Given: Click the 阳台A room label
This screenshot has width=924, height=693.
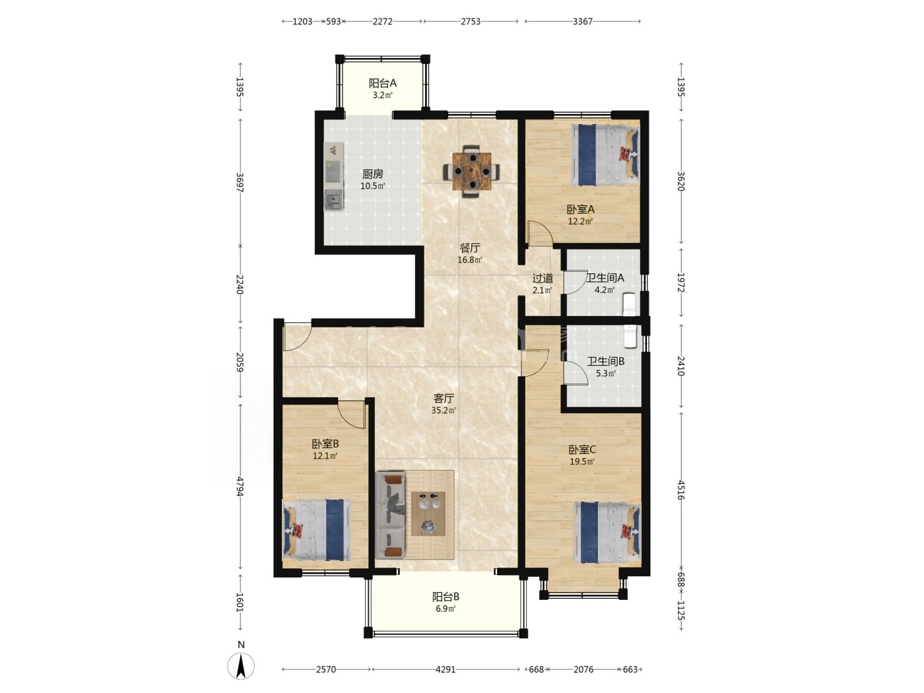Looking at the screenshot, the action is point(382,83).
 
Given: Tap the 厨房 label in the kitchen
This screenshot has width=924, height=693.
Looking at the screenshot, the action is point(372,174).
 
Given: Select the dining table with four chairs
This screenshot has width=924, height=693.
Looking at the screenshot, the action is point(471,171).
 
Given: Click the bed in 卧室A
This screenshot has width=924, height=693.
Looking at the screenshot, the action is point(605,155).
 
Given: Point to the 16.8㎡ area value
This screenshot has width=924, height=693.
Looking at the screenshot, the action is point(469,260).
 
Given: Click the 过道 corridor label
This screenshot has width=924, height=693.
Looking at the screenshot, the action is point(543,278).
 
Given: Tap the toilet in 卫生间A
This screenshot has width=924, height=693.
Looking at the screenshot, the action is point(629,304).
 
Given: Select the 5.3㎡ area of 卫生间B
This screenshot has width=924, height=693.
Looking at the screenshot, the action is point(606,373).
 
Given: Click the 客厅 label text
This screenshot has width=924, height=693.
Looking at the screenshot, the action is point(444,398).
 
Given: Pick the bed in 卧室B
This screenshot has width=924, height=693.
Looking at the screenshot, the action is point(317,530).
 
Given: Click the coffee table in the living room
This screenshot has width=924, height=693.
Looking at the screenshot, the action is point(428,513).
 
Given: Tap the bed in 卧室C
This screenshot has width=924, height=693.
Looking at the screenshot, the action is point(607,532).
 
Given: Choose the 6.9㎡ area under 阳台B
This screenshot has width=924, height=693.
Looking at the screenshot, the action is point(445,609).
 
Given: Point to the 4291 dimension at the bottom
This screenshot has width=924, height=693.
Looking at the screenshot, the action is point(445,669).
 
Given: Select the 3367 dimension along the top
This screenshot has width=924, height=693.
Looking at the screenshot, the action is point(583,22).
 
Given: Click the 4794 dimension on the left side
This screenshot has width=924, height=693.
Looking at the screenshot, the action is point(240,486).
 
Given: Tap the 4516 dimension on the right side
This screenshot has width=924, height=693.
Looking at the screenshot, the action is point(680,490).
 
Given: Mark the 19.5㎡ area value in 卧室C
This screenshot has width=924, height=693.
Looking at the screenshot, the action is point(581,461).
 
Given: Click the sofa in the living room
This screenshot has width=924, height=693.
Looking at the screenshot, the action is point(390,515).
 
